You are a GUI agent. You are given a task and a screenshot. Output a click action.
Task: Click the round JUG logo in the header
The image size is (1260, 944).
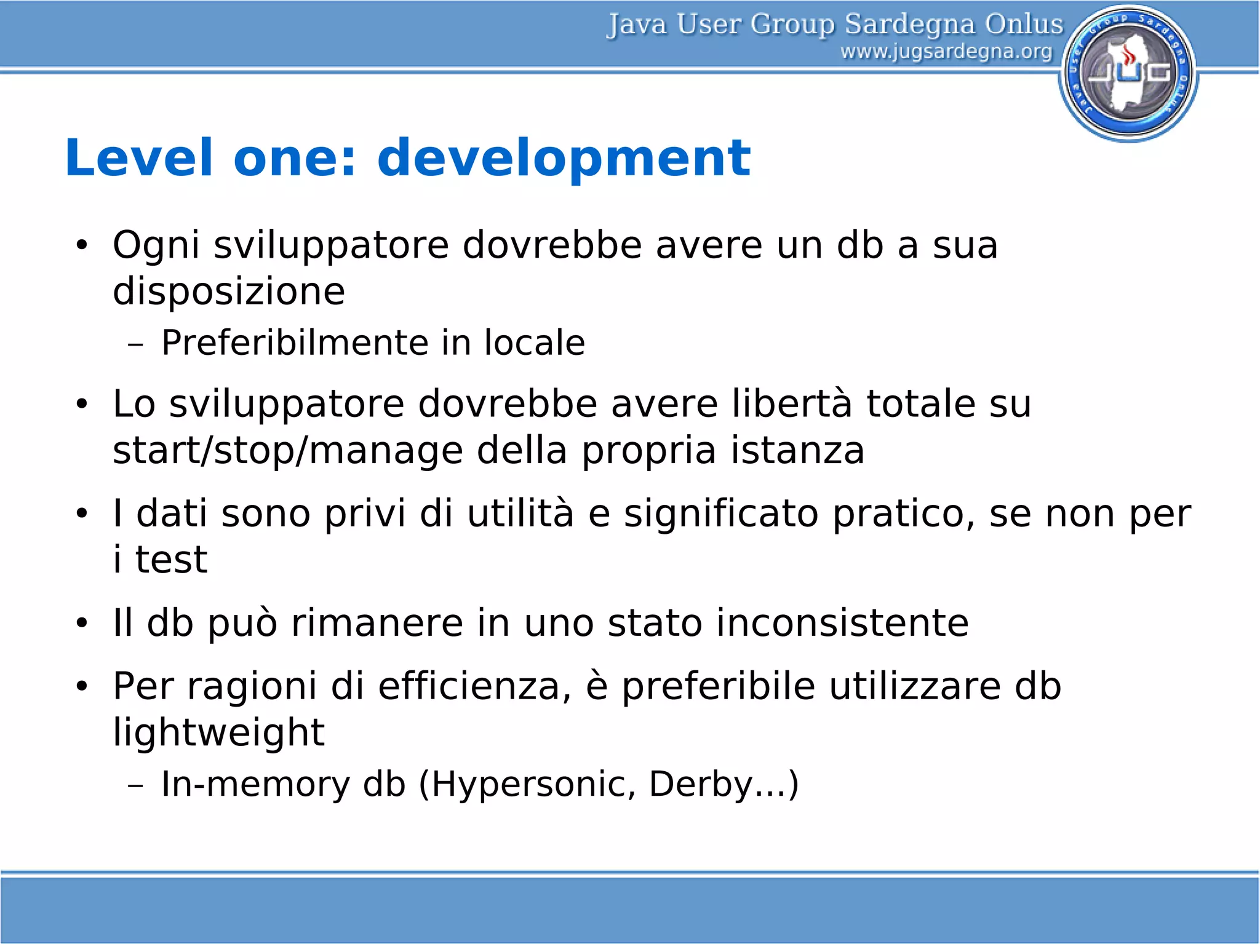pos(1128,73)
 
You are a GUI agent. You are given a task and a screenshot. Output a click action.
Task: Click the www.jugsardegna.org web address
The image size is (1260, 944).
pos(946,52)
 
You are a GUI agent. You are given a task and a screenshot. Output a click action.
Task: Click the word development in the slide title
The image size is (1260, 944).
pos(564,158)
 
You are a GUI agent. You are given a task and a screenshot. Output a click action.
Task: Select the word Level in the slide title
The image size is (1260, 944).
pos(139,158)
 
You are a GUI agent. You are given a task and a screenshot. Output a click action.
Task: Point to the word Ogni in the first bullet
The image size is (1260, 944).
pos(156,245)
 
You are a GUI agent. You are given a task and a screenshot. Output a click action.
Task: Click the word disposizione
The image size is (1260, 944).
pos(229,291)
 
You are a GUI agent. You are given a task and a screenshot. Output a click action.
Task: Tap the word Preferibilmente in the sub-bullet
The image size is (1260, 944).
pos(294,343)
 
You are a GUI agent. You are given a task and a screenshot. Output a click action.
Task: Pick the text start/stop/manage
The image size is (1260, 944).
pos(287,450)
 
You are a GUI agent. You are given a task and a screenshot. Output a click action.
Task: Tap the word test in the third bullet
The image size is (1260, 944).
pos(171,560)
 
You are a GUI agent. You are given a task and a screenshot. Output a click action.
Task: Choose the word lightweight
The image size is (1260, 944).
pos(218,732)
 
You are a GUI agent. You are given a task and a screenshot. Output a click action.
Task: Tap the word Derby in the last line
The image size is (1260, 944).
pos(701,784)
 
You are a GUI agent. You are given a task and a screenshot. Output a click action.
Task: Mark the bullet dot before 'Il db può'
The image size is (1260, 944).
pos(82,624)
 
